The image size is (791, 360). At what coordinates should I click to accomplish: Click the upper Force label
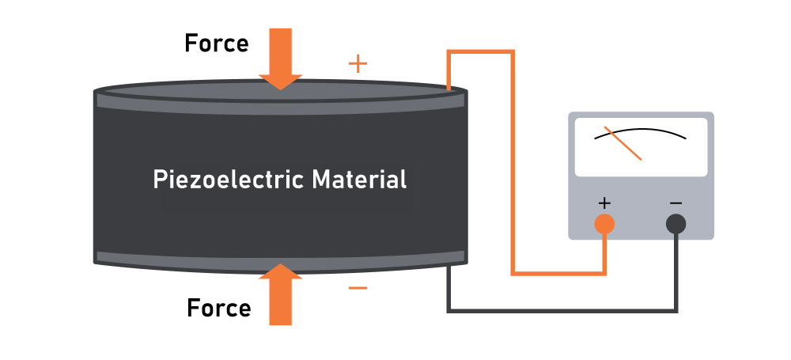pos(216,43)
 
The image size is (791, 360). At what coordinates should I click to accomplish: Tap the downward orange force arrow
pos(280,60)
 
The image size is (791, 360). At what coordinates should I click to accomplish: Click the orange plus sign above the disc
pos(358,64)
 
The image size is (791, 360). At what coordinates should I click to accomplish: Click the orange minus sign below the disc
pos(358,288)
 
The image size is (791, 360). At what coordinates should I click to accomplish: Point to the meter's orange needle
pos(623,143)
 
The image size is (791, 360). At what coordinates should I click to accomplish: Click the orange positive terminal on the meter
pos(604,225)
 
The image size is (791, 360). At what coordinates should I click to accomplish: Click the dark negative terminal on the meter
pos(676,225)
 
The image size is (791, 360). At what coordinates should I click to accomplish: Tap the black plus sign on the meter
pos(604,203)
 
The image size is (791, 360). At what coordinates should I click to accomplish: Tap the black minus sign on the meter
pos(676,203)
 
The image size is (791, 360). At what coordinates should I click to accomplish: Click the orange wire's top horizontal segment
pos(481,53)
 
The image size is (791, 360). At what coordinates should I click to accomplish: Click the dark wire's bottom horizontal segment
pos(562,309)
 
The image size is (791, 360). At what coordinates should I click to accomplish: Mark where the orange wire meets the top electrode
pos(449,90)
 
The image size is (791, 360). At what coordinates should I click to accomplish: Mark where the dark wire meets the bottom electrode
pos(449,267)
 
